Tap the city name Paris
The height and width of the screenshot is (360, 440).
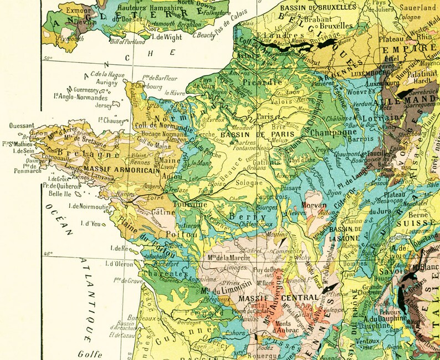(x=265, y=117)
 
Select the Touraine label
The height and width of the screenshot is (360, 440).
(x=191, y=205)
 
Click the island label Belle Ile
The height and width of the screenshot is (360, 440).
(x=58, y=194)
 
